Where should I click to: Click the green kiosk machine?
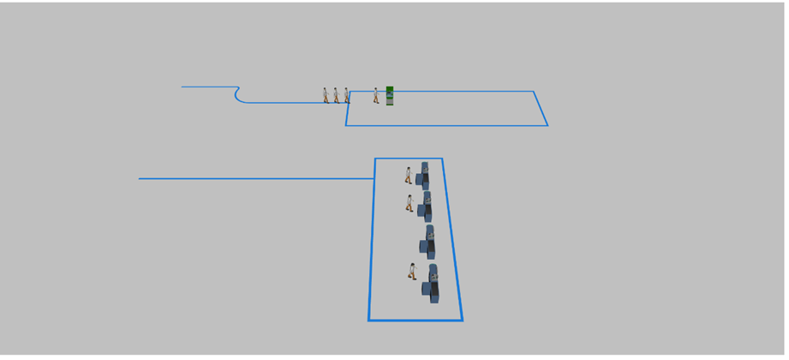click(x=390, y=96)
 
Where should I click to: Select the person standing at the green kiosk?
click(x=376, y=95)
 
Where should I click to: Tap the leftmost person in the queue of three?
click(x=326, y=95)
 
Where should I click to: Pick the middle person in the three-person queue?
click(x=336, y=95)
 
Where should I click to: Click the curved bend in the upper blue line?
click(x=237, y=94)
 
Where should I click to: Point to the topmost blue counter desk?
click(x=424, y=176)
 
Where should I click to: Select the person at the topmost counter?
click(x=409, y=175)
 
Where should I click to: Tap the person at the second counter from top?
click(x=409, y=203)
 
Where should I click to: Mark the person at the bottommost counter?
click(x=412, y=272)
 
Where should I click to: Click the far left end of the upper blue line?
click(x=182, y=87)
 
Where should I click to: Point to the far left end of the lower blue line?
click(x=140, y=178)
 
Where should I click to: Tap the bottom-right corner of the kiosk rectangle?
click(x=547, y=125)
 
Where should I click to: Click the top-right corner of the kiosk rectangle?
click(x=534, y=92)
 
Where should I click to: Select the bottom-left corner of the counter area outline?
click(x=369, y=320)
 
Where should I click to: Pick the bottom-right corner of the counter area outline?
click(x=463, y=320)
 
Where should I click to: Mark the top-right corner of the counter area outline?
click(x=442, y=159)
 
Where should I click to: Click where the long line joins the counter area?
click(x=374, y=178)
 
